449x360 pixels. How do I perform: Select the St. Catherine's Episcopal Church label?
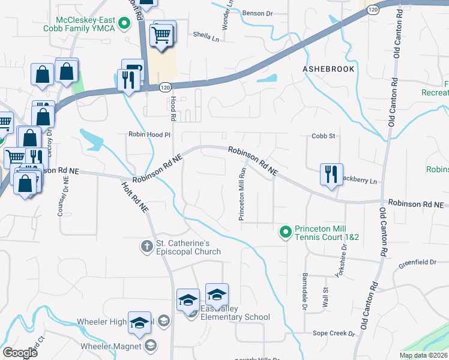click(188, 247)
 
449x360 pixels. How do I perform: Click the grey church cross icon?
click(146, 246)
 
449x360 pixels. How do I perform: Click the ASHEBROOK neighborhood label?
click(328, 70)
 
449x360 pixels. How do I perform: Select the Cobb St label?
click(322, 136)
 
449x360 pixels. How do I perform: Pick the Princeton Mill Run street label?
click(243, 194)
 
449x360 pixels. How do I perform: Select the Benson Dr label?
click(258, 13)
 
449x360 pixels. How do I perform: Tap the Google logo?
click(20, 352)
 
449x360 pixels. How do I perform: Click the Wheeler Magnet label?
click(111, 346)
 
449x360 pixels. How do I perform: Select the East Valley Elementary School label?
click(235, 313)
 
